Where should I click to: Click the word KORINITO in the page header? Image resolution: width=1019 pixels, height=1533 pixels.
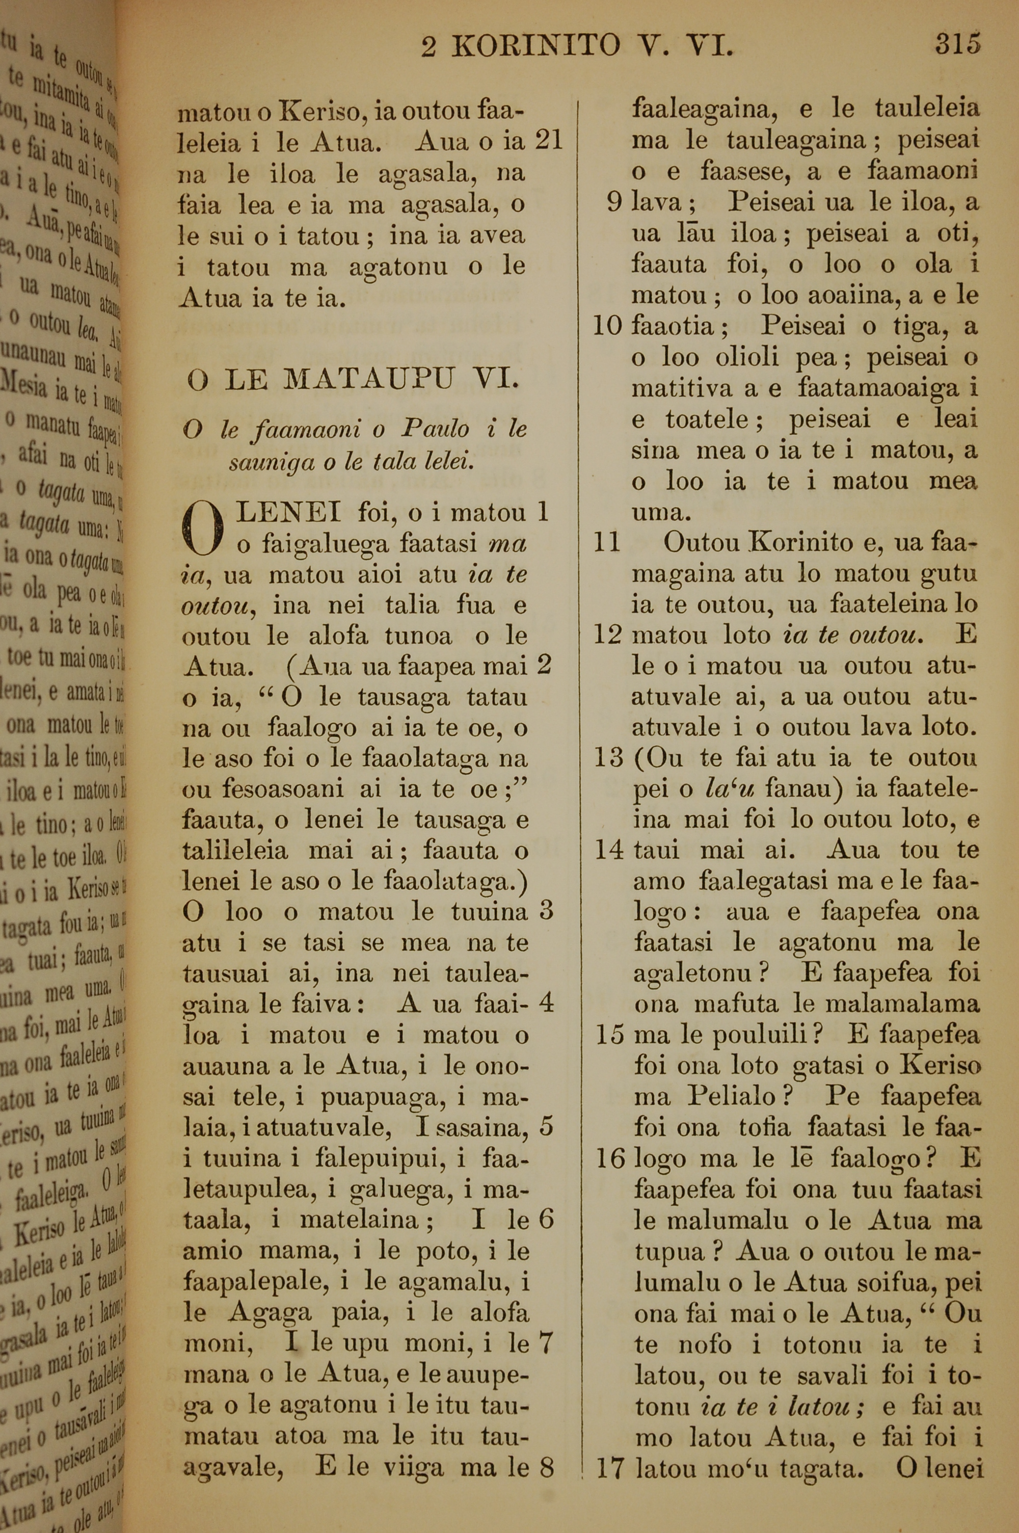coord(535,46)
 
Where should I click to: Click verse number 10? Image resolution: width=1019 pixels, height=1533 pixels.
coord(607,325)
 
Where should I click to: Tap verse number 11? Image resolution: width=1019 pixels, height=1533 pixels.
coord(607,541)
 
